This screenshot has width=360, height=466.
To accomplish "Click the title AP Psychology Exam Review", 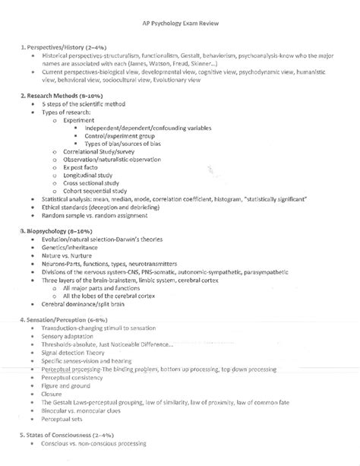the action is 180,22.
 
